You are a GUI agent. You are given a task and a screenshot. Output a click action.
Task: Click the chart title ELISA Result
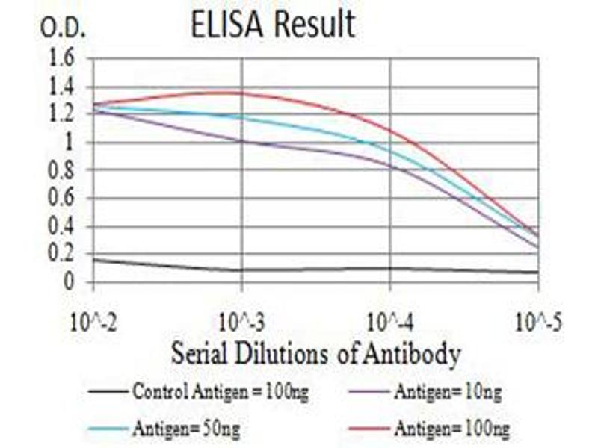tap(272, 26)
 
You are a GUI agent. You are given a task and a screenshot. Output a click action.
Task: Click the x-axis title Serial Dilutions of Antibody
tap(315, 354)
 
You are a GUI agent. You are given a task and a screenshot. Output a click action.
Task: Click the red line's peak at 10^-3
tap(241, 93)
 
